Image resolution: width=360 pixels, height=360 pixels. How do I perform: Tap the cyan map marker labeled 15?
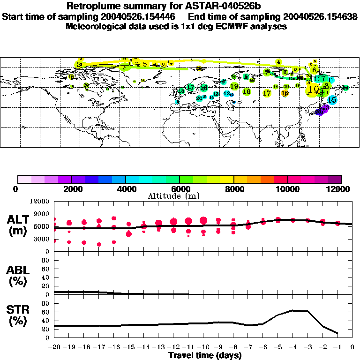pos(332,100)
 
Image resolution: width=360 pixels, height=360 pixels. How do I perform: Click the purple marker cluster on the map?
pos(322,111)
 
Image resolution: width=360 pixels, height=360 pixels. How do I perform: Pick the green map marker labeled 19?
pos(234,86)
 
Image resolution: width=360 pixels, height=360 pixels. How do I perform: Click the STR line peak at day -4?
pos(293,310)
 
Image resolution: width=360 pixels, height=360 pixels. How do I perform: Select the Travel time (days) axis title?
pos(205,356)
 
